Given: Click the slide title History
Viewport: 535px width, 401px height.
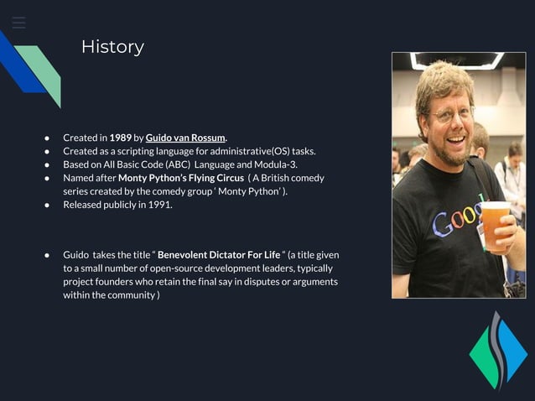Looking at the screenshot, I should (112, 47).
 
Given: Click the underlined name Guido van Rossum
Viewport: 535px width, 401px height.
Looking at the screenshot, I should (185, 138).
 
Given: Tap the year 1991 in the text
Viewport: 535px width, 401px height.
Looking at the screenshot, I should (159, 205).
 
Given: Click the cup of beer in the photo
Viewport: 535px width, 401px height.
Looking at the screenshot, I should (495, 225).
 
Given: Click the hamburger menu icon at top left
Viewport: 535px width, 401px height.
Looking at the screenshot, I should (18, 23).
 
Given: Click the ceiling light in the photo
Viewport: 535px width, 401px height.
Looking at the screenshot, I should (457, 60).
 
